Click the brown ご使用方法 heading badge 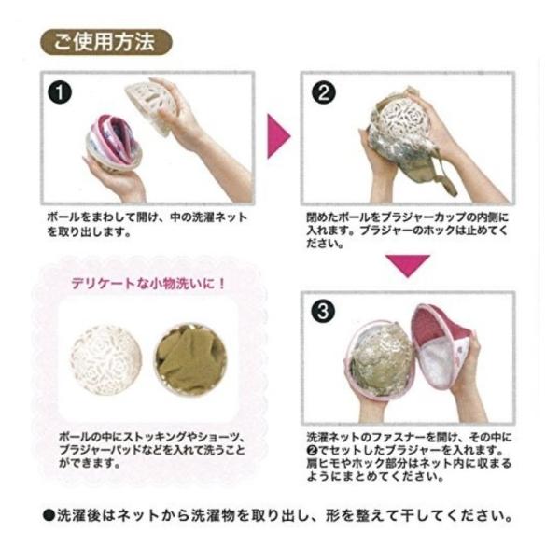pos(106,42)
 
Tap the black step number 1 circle pos(60,92)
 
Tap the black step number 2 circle pos(324,92)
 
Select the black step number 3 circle pos(323,311)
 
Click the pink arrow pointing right pos(278,136)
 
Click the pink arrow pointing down pos(408,266)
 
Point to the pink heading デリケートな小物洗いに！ pos(148,284)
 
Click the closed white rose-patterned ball pos(106,360)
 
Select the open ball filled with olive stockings pos(190,360)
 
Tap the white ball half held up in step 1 pos(152,107)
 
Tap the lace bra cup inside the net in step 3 pos(381,360)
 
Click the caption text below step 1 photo pos(147,224)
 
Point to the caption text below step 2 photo pos(407,230)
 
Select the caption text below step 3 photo pos(409,456)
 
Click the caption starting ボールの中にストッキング pos(152,450)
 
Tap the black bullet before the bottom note pos(49,516)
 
